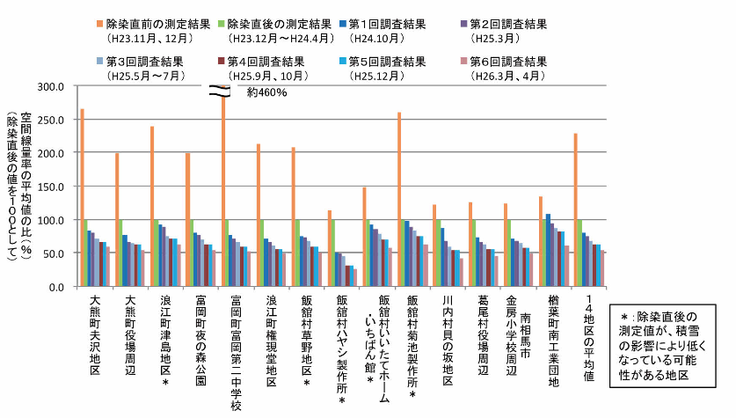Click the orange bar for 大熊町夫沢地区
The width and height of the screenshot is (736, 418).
(82, 198)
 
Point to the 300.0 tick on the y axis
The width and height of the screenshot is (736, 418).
(53, 87)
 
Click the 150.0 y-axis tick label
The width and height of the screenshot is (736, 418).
(53, 187)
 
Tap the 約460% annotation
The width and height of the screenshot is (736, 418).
(267, 92)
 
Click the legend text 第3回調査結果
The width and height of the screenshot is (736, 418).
(145, 62)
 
